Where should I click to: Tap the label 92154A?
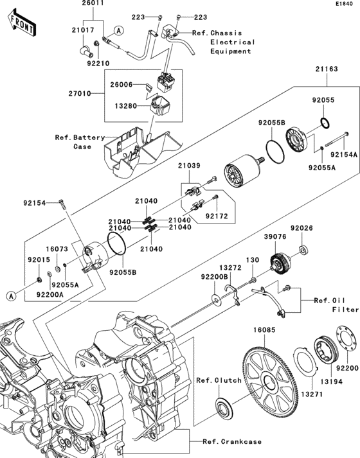point(343,155)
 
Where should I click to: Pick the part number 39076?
point(274,237)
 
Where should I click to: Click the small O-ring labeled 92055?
point(325,123)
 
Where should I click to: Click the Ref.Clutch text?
point(217,380)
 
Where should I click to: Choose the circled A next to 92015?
point(10,296)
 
